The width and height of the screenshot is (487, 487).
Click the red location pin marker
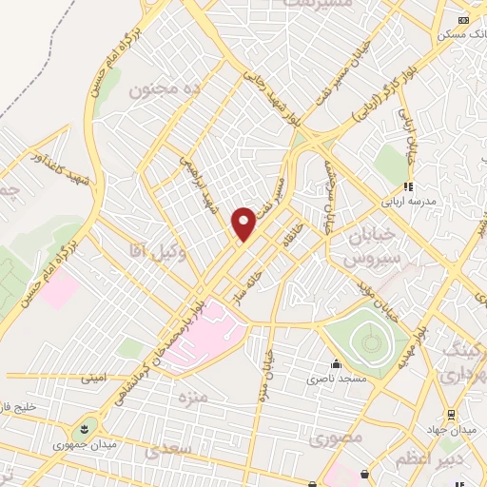(x=243, y=224)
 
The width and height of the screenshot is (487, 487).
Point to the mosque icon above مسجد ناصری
(x=336, y=363)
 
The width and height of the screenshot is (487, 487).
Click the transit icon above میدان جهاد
(x=453, y=414)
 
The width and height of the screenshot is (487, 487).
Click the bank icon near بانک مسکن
(x=463, y=19)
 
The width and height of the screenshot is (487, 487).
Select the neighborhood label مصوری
(x=336, y=440)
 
